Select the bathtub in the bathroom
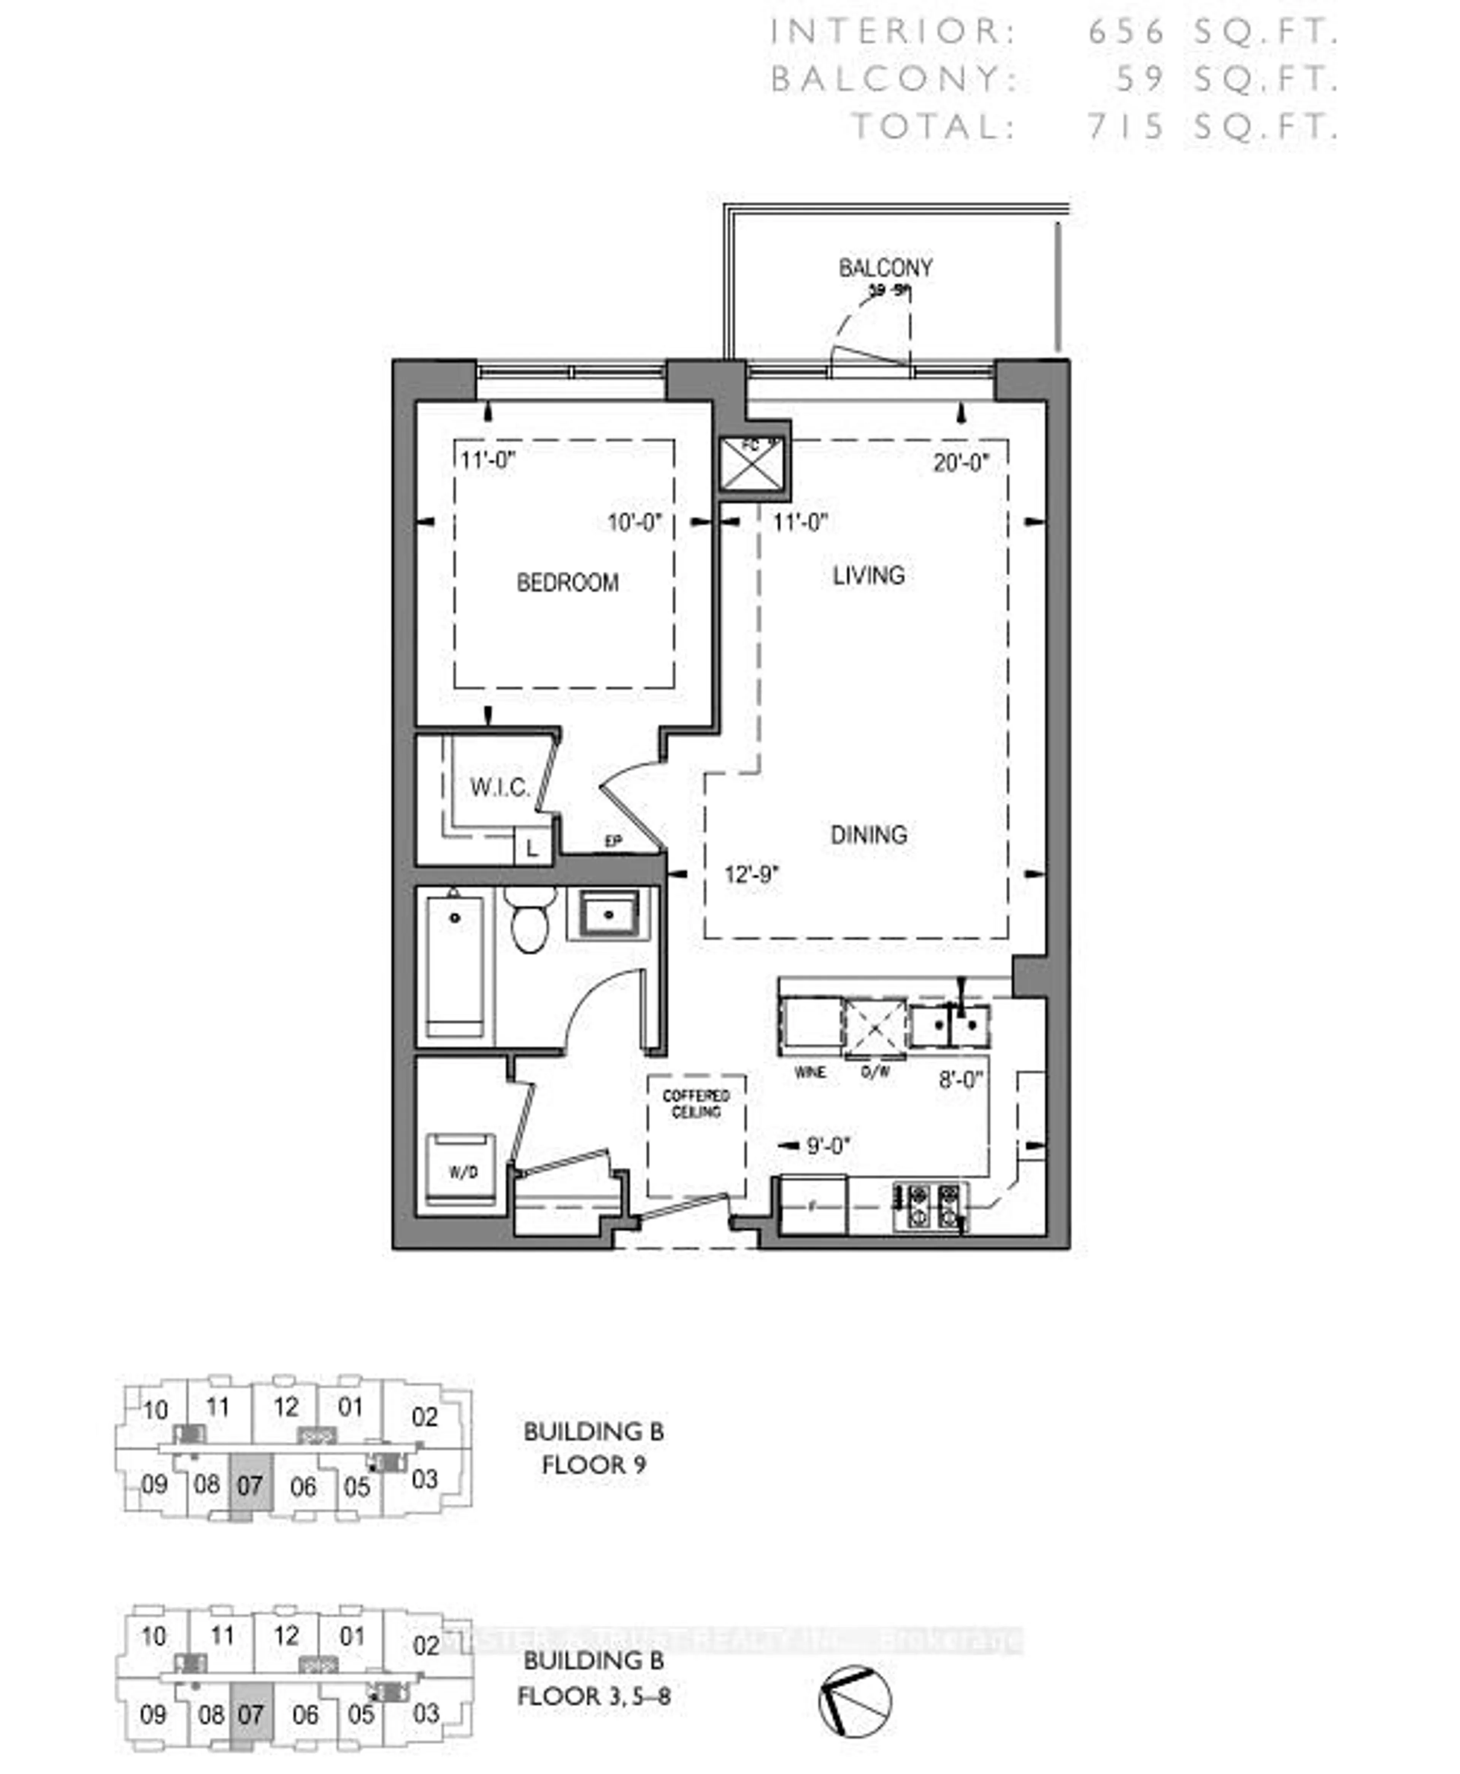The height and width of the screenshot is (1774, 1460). point(455,967)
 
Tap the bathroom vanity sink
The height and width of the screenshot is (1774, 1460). point(610,913)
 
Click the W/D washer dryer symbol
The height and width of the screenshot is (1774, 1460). point(462,1171)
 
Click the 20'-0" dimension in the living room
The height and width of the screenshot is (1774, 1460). point(960,463)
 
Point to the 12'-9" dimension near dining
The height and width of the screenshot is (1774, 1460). point(752,875)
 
